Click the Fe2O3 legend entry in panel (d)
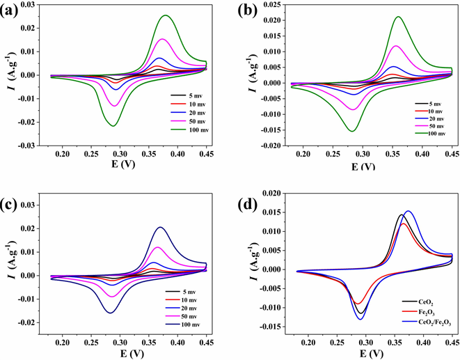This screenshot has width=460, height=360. (x=418, y=313)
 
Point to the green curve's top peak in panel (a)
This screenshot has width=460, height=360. (x=166, y=15)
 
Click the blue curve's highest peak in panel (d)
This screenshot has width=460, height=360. (x=408, y=211)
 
